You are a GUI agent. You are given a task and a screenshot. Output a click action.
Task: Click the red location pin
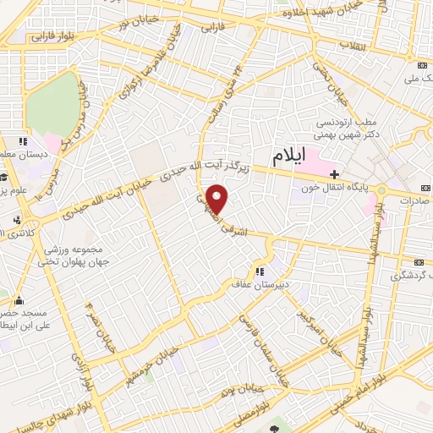pos(218,198)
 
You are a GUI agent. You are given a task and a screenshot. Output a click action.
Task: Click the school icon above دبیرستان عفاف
pos(259,271)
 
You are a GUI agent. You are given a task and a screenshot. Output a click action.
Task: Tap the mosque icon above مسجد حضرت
pos(20,299)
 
